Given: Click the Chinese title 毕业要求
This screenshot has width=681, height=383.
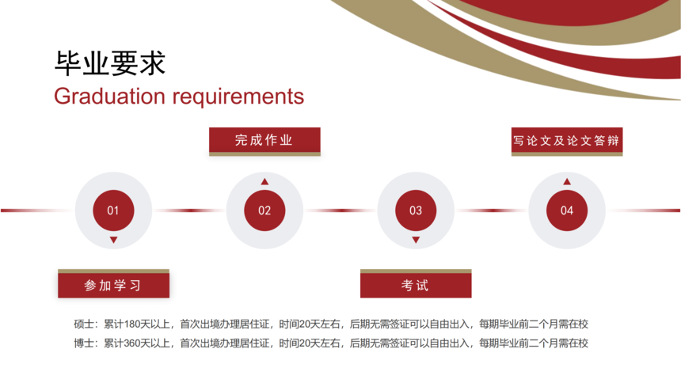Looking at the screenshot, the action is pos(110,63).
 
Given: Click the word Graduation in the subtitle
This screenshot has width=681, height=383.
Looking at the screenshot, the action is pos(109,96).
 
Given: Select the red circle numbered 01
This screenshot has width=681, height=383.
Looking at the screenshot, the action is pos(113,210).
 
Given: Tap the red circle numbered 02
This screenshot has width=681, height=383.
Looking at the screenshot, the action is pos(264,210).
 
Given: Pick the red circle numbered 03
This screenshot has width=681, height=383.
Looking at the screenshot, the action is pos(416,210).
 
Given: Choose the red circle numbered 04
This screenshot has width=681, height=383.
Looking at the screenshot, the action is pos(567,210).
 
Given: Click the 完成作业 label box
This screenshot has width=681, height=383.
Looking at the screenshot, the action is pos(264,142).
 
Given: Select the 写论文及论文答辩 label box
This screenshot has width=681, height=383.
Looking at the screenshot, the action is pos(567,142).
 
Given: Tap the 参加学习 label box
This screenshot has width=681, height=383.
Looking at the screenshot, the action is pos(113,283).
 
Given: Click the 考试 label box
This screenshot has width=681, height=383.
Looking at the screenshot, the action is pos(416,283).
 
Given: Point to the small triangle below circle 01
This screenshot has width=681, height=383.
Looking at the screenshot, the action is pos(113,240).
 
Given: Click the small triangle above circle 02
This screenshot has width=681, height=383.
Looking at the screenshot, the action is pos(264,181).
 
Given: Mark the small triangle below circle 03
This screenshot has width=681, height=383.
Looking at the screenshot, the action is pos(416,240).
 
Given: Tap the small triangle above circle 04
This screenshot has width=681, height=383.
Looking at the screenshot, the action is pos(567,181).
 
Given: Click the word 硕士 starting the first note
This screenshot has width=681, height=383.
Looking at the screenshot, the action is pos(83,324).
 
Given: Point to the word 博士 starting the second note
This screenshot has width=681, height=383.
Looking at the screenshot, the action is pos(83,343).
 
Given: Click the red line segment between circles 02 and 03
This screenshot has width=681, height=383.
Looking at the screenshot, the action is pos(340,210).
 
